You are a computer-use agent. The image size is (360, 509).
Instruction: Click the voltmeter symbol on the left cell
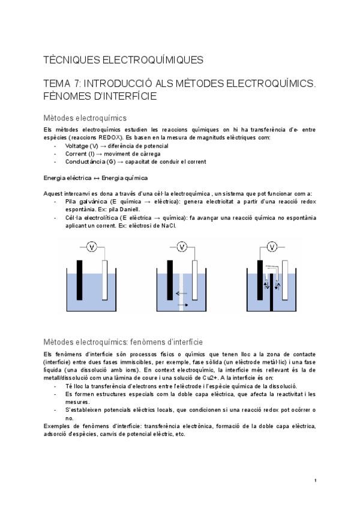click(92, 247)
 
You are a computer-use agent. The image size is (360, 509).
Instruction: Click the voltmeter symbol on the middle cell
click(182, 247)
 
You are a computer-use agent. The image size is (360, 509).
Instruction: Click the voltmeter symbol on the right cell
click(272, 247)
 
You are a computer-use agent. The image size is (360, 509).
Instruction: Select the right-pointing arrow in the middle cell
click(183, 306)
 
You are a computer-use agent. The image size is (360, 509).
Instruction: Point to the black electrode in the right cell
click(260, 282)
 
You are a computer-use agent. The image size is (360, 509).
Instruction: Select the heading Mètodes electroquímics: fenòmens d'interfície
click(124, 342)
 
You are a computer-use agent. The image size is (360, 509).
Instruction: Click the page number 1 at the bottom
click(316, 481)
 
